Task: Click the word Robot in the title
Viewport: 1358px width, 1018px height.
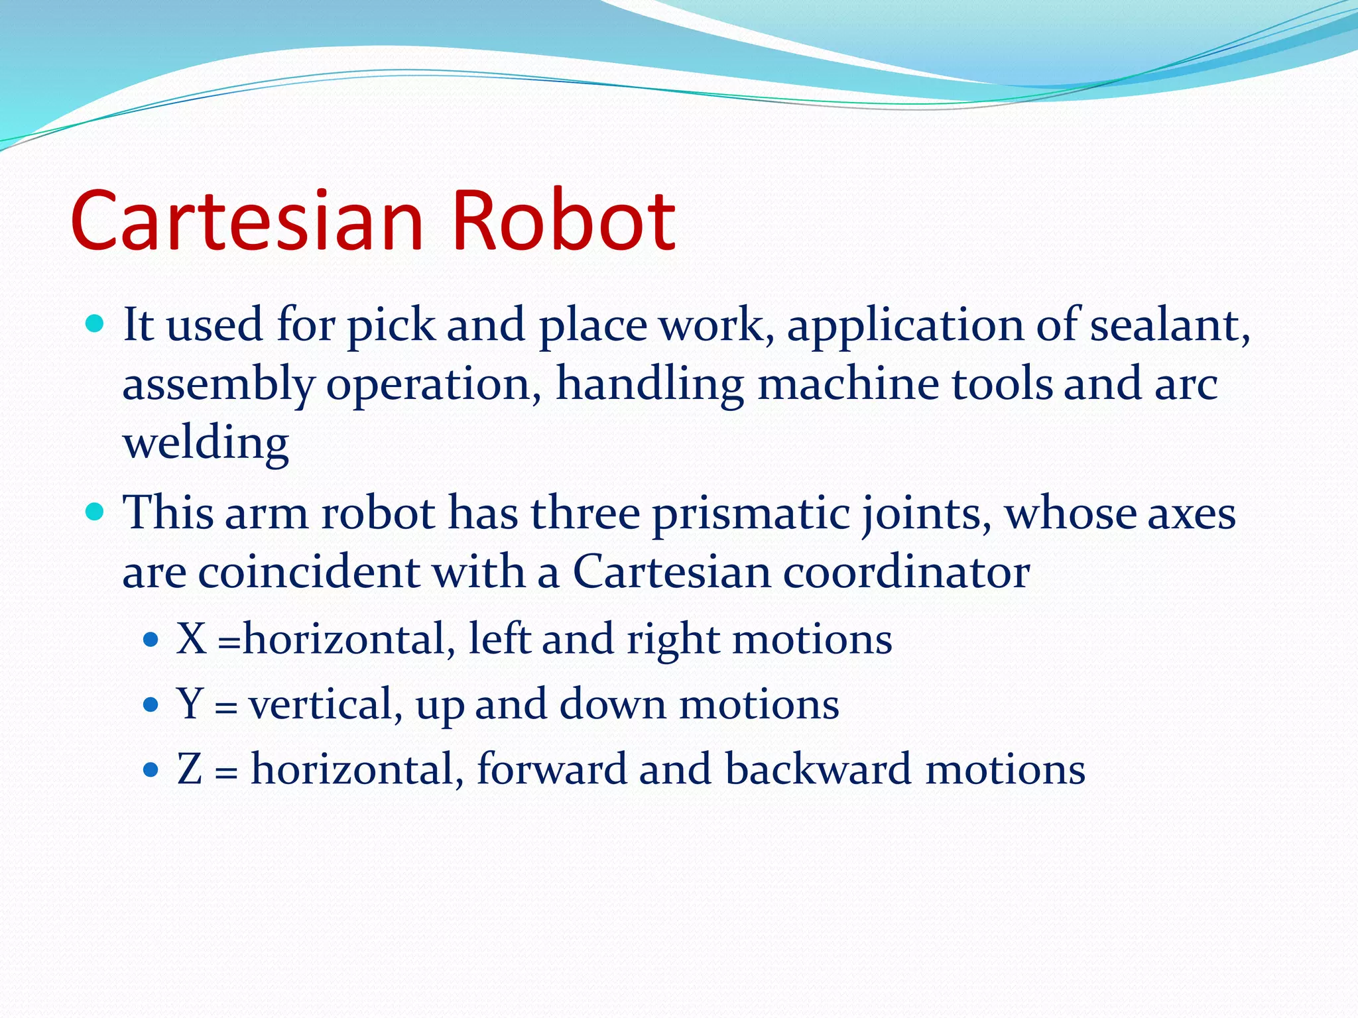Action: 563,221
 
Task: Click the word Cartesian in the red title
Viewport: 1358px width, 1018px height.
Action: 247,221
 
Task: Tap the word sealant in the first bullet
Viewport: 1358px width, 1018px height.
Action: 1170,325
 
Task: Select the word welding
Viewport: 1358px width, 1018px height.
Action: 206,443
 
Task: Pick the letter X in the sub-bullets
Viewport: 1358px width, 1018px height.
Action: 191,639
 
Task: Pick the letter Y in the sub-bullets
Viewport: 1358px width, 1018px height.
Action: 190,704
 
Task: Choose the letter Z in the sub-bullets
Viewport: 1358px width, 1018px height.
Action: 189,769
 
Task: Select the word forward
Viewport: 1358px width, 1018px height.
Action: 551,769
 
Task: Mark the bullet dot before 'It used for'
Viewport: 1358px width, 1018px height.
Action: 95,324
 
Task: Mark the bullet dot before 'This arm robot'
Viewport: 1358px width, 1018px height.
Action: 95,512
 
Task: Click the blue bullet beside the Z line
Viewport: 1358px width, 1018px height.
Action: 151,770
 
